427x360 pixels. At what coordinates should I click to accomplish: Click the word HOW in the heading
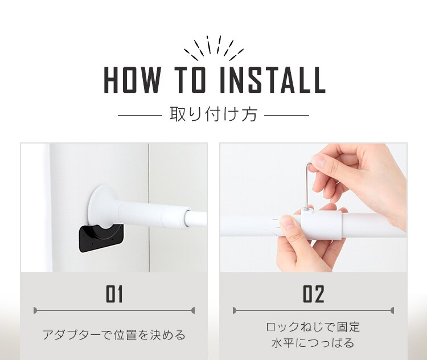(132, 80)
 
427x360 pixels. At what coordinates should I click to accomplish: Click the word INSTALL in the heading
(272, 80)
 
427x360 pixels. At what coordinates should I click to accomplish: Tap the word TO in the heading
(190, 80)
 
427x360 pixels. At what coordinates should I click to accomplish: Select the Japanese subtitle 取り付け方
(213, 114)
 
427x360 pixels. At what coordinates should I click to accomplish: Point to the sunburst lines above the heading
(213, 48)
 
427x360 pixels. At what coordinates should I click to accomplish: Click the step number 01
(114, 294)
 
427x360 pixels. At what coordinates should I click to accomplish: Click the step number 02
(314, 294)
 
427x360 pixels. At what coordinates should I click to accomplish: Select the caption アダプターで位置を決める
(114, 335)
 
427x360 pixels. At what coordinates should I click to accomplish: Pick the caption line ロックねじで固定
(313, 327)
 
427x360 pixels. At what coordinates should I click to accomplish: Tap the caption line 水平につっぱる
(313, 343)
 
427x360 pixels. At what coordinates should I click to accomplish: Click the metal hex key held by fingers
(308, 185)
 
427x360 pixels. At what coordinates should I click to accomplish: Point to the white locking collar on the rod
(320, 224)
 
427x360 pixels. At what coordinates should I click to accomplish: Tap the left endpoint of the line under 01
(34, 310)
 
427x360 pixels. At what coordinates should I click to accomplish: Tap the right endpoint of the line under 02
(393, 310)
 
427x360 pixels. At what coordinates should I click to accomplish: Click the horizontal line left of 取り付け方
(140, 115)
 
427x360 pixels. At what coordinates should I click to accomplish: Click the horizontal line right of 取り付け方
(287, 115)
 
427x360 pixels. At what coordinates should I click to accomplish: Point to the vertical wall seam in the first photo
(149, 207)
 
